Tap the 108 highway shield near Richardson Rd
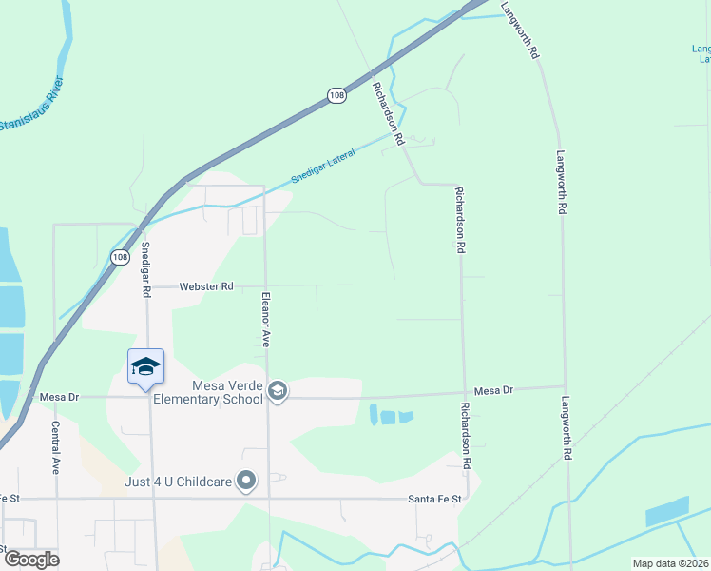click(x=336, y=96)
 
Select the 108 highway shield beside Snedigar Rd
click(x=119, y=257)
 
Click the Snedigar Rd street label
click(x=146, y=269)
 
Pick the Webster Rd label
click(x=206, y=285)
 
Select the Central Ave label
click(x=55, y=447)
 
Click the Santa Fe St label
click(x=434, y=499)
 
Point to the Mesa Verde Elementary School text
click(x=227, y=392)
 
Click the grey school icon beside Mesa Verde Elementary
click(x=278, y=390)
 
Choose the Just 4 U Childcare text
click(x=179, y=482)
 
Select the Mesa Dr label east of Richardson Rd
click(x=493, y=390)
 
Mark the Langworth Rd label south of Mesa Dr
click(x=566, y=428)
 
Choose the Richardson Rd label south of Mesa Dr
click(x=466, y=436)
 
